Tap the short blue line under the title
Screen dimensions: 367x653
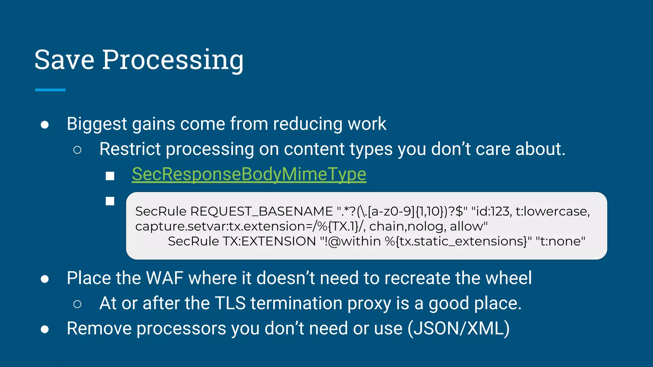(50, 90)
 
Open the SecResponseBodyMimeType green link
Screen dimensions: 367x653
(249, 175)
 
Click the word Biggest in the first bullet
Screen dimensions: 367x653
(97, 124)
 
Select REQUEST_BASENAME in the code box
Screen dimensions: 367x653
(261, 212)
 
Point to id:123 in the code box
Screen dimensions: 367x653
(491, 212)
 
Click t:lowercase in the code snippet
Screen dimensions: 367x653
(552, 212)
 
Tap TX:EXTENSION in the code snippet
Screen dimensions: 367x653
(269, 241)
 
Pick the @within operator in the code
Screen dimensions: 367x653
(354, 241)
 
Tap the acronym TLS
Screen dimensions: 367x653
(230, 303)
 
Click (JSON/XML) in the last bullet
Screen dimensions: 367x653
(459, 329)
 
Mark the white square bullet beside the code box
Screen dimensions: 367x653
(110, 201)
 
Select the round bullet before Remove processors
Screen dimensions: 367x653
(45, 329)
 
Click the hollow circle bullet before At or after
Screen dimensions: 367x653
(77, 304)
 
